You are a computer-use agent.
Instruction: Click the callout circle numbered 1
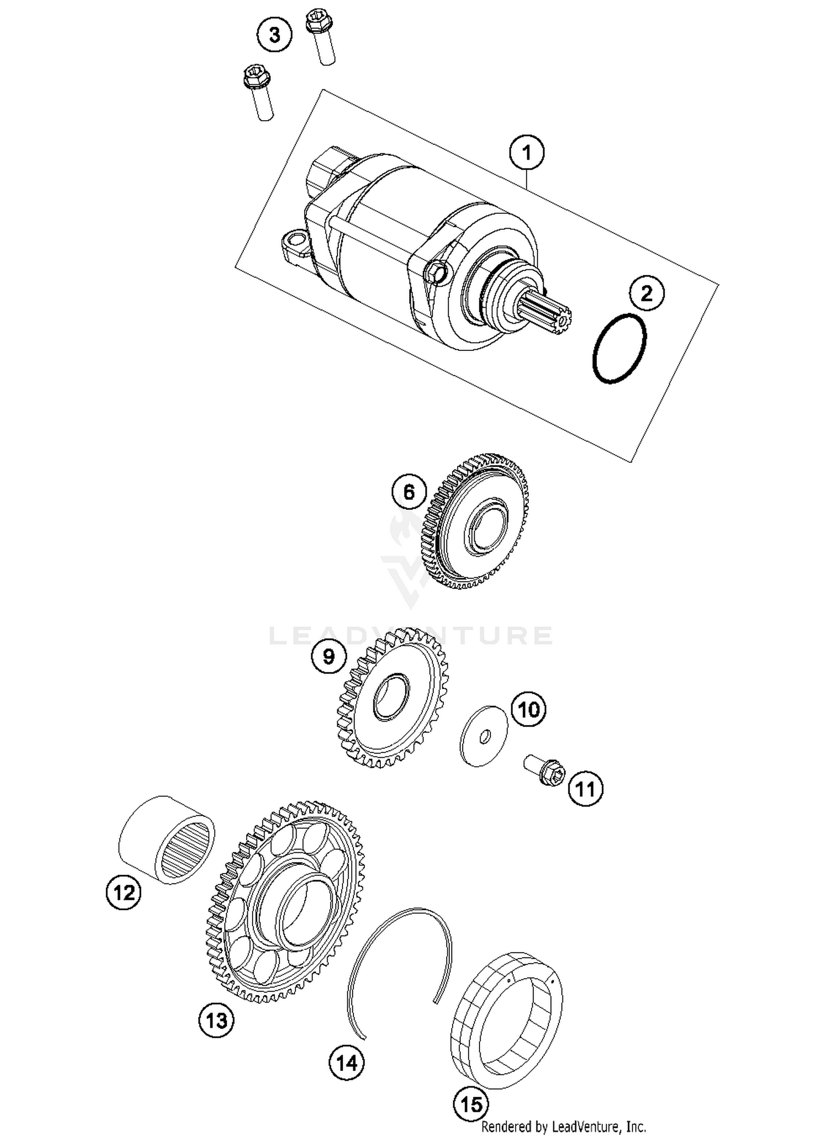coord(527,152)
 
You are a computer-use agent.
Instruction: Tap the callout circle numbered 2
coord(647,293)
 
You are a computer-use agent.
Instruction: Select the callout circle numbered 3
coord(275,35)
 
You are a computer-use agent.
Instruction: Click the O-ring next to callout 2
coord(620,349)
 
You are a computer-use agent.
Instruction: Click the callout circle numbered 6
coord(409,492)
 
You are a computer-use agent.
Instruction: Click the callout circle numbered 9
coord(328,656)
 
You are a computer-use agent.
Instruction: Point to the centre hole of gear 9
coord(391,697)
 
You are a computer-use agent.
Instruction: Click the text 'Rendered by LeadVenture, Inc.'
coord(563,1127)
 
